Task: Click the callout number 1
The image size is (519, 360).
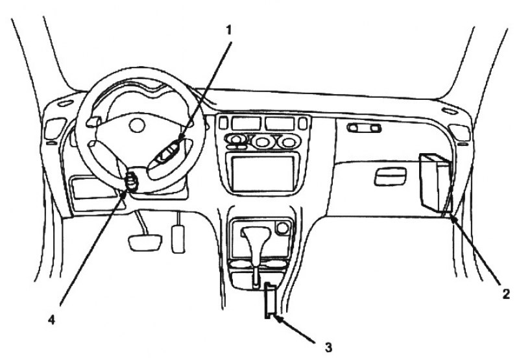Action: pyautogui.click(x=229, y=30)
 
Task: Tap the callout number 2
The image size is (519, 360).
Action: pyautogui.click(x=506, y=294)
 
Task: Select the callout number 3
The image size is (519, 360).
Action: pyautogui.click(x=328, y=348)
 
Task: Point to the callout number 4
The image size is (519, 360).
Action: pyautogui.click(x=52, y=320)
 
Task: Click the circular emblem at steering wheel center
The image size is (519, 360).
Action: pyautogui.click(x=137, y=125)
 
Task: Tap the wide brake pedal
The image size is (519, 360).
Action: pyautogui.click(x=145, y=243)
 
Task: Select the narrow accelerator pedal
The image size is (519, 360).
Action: pyautogui.click(x=178, y=239)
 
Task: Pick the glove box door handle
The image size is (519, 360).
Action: pyautogui.click(x=391, y=176)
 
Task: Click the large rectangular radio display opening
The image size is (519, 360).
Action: pyautogui.click(x=263, y=174)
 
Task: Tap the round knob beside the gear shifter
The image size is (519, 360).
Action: pyautogui.click(x=282, y=228)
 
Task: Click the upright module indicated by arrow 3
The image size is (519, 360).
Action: pyautogui.click(x=269, y=300)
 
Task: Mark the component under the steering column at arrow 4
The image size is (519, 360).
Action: pyautogui.click(x=132, y=182)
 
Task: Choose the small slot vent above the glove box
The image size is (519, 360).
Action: pyautogui.click(x=364, y=128)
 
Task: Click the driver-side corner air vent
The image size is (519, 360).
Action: pyautogui.click(x=54, y=128)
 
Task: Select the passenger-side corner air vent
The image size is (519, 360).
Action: pyautogui.click(x=459, y=132)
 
